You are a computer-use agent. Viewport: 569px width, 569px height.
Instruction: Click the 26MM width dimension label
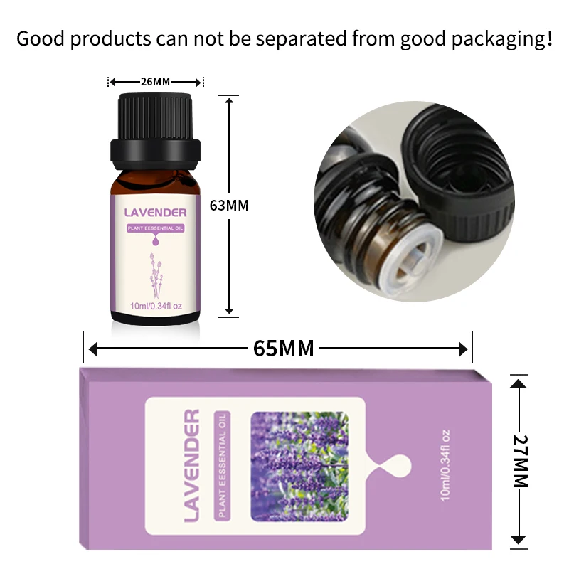[155, 81]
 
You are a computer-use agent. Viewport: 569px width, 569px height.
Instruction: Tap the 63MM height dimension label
[229, 206]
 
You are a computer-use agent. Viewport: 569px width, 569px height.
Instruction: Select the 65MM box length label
[283, 349]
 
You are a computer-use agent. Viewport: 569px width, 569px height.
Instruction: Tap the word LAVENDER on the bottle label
[156, 212]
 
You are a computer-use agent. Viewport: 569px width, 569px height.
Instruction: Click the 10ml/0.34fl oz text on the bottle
[156, 306]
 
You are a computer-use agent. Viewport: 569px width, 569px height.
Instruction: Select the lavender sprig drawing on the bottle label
[156, 271]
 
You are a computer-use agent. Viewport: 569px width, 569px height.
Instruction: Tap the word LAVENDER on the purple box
[191, 466]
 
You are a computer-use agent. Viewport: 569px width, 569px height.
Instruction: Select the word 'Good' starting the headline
[40, 38]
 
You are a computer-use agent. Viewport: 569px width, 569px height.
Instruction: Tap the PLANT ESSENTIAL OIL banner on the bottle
[156, 228]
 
